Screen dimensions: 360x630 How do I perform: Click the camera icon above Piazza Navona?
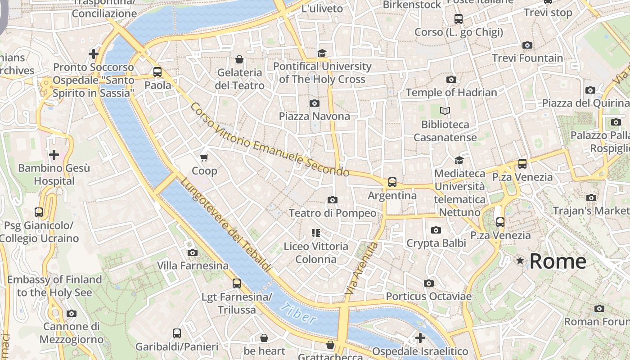click(315, 103)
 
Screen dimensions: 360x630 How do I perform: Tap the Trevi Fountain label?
click(527, 58)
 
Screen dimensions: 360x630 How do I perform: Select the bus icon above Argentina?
click(392, 182)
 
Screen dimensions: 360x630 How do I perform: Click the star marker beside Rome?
click(520, 261)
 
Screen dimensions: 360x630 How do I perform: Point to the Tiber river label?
click(297, 314)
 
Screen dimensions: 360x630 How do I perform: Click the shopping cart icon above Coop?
click(204, 157)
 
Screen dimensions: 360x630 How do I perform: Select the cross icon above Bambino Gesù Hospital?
click(54, 155)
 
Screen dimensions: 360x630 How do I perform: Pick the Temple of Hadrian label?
click(451, 93)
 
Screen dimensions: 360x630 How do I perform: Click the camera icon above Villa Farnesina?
click(193, 252)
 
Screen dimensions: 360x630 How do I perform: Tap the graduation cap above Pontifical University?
click(322, 53)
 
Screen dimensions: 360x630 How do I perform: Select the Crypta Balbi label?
click(436, 243)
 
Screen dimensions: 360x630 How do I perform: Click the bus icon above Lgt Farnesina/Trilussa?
click(237, 283)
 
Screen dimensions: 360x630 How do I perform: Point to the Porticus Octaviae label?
click(428, 297)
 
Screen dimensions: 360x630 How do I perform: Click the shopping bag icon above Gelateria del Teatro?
click(239, 59)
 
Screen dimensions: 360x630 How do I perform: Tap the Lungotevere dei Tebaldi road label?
click(226, 225)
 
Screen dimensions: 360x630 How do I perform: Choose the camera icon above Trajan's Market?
click(591, 198)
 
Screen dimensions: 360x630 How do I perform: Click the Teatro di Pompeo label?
click(332, 213)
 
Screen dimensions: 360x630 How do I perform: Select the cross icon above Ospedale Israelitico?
click(420, 337)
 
